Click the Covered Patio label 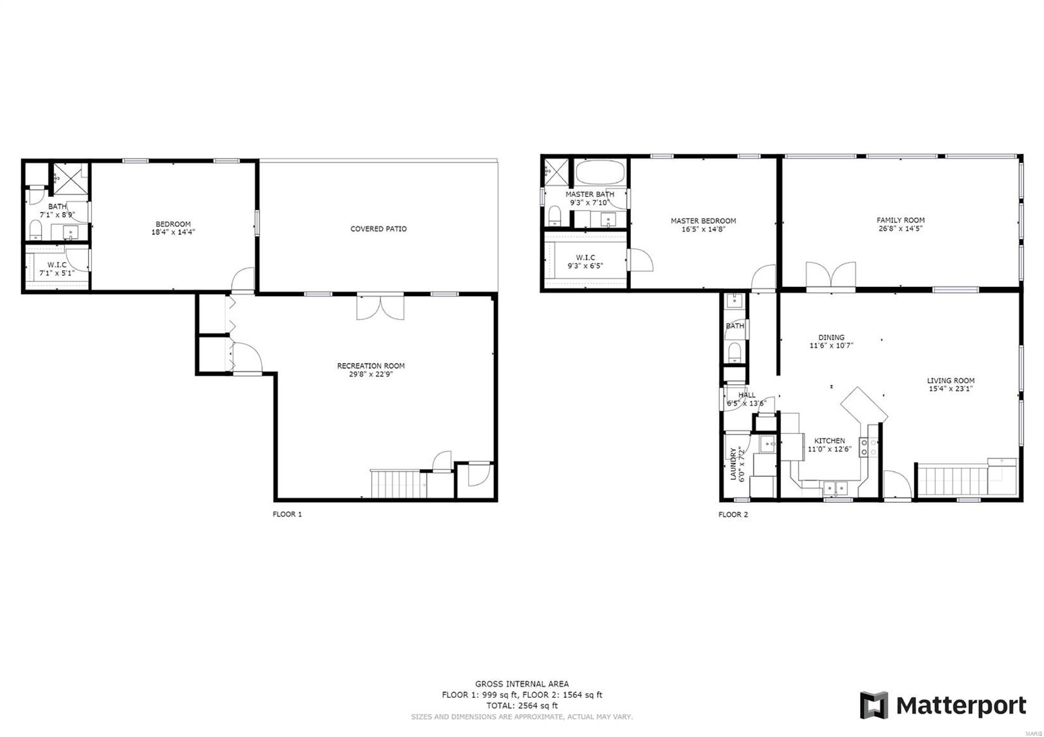(378, 229)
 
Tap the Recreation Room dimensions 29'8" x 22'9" (371, 374)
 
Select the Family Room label (900, 220)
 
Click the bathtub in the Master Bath (600, 172)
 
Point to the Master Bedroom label (703, 221)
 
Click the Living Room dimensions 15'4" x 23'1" (951, 389)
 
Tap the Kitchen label (829, 441)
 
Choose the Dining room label (831, 337)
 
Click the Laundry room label (733, 464)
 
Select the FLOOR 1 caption (287, 515)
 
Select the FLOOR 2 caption (733, 515)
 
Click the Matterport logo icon (874, 705)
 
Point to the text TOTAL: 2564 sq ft (522, 706)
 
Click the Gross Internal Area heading (522, 684)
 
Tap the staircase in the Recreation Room (399, 485)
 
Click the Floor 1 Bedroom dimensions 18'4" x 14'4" (173, 232)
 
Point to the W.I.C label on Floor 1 (57, 265)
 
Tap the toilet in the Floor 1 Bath (36, 231)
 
